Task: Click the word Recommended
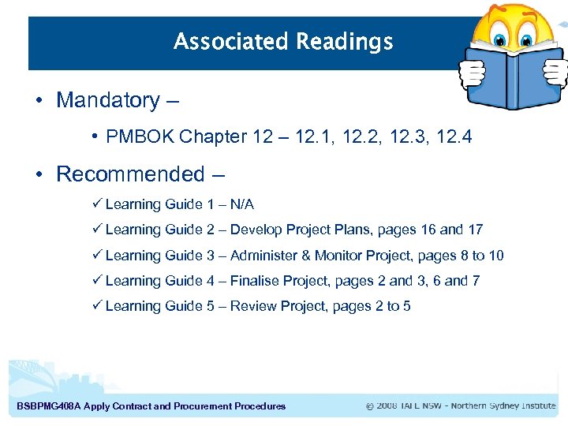tap(130, 174)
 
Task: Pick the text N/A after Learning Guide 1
tap(241, 204)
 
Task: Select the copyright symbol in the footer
tap(370, 406)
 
